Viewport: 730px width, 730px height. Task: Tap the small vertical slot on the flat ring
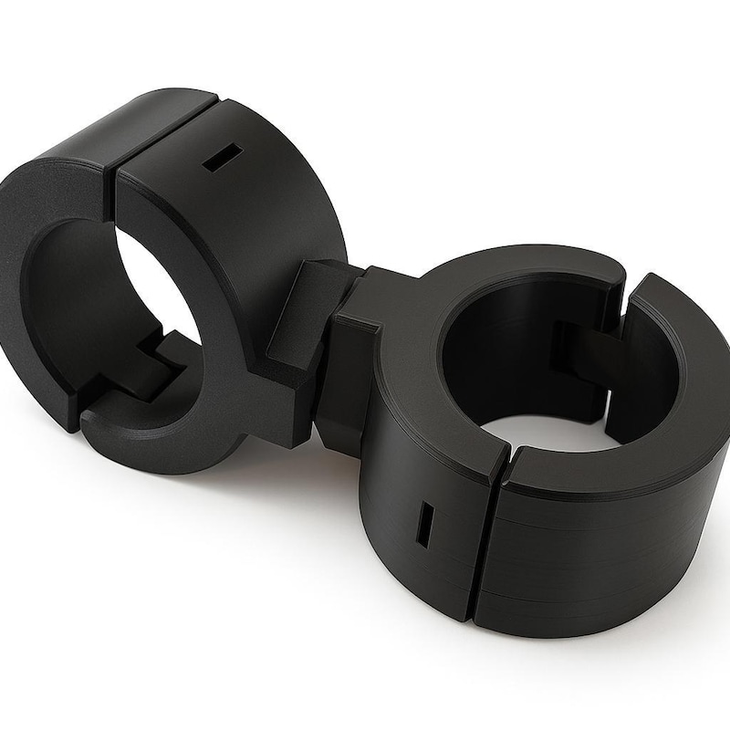(x=425, y=524)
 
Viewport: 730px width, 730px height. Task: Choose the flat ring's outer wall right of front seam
(x=593, y=557)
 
